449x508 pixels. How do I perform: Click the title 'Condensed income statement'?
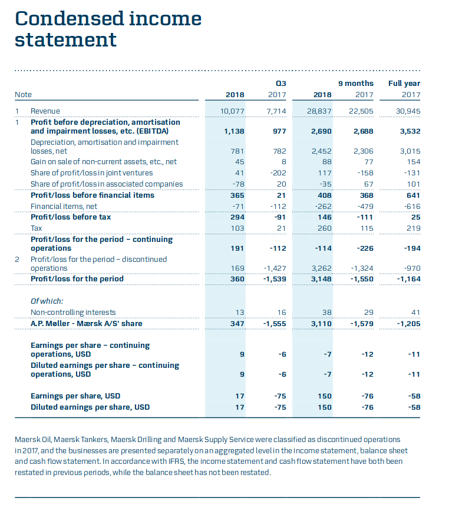coord(108,29)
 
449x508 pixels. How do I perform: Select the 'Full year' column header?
coord(404,84)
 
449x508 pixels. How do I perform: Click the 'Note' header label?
coord(24,94)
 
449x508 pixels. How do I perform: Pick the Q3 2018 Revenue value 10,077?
coord(232,111)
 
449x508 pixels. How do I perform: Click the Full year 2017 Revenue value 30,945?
coord(408,111)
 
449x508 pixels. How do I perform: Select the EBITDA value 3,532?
coord(410,131)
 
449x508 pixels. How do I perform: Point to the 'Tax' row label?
coord(37,228)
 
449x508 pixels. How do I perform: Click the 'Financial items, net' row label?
coord(64,206)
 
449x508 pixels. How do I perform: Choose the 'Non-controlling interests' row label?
coord(73,312)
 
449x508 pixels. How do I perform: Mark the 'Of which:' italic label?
coord(47,301)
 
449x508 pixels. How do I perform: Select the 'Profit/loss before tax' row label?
coord(71,217)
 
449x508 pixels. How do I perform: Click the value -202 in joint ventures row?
coord(278,173)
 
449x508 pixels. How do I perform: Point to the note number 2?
coord(18,259)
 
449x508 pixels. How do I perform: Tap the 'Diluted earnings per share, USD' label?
coord(90,407)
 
